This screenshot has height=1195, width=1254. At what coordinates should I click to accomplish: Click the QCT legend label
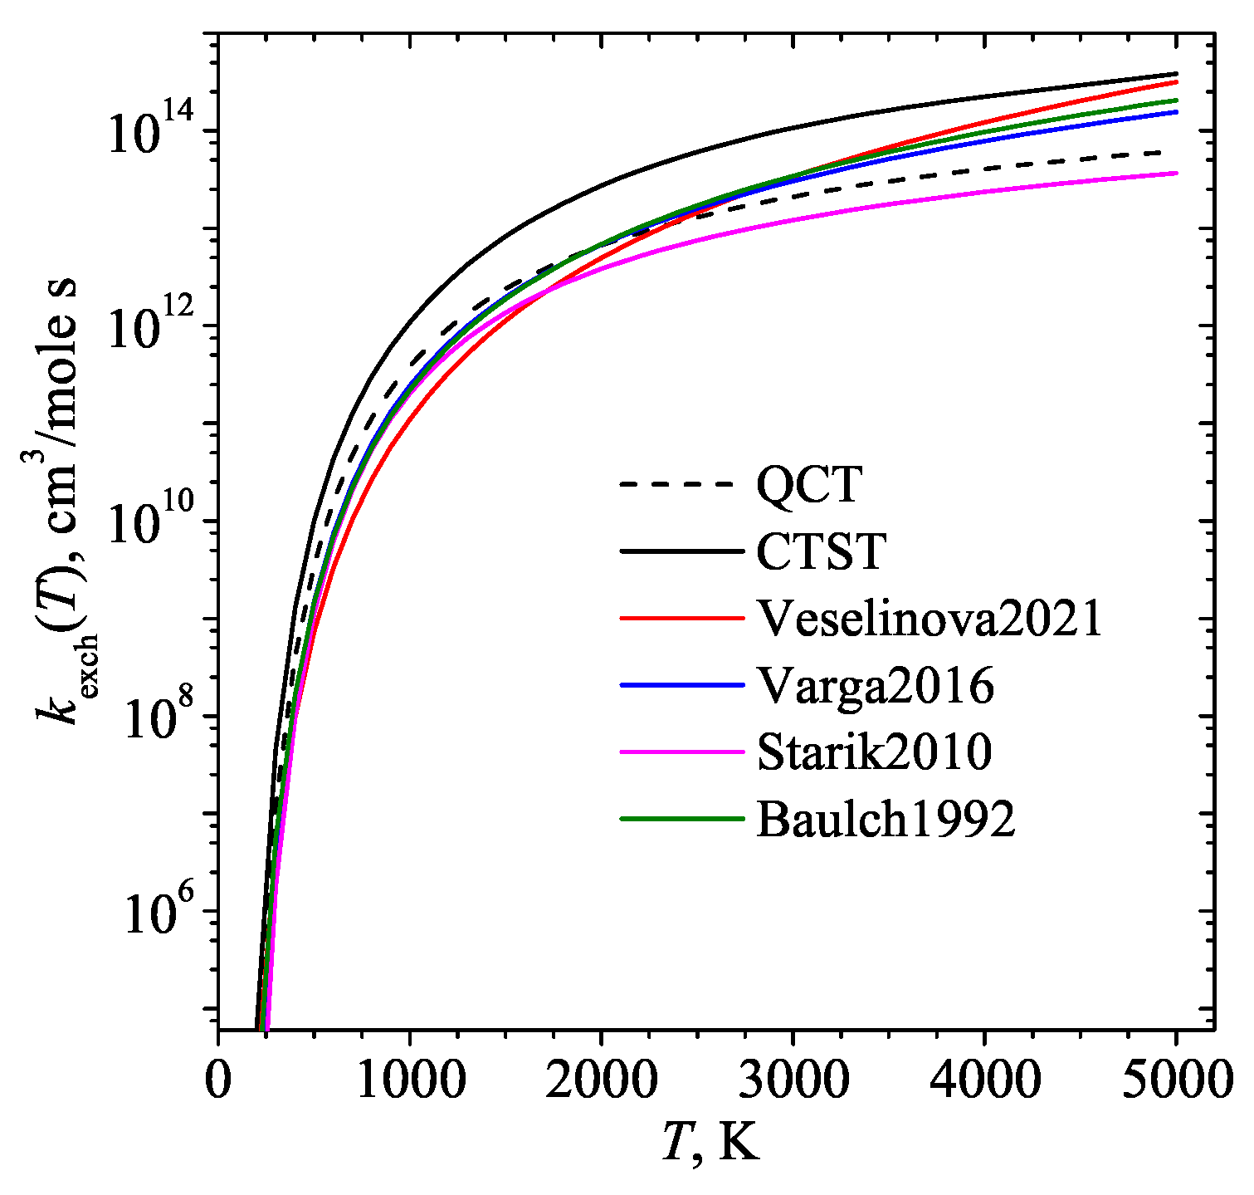tap(809, 484)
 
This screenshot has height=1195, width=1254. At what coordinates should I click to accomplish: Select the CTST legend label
tap(821, 551)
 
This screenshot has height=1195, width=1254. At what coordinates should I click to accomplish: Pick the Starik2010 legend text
tap(874, 752)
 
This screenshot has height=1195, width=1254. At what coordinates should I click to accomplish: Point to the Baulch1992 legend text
tap(886, 820)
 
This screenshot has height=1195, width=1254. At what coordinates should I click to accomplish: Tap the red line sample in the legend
tap(681, 619)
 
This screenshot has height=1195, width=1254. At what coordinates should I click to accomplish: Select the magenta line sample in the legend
tap(681, 752)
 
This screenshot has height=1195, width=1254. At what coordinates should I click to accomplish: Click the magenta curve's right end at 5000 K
tap(1175, 173)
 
